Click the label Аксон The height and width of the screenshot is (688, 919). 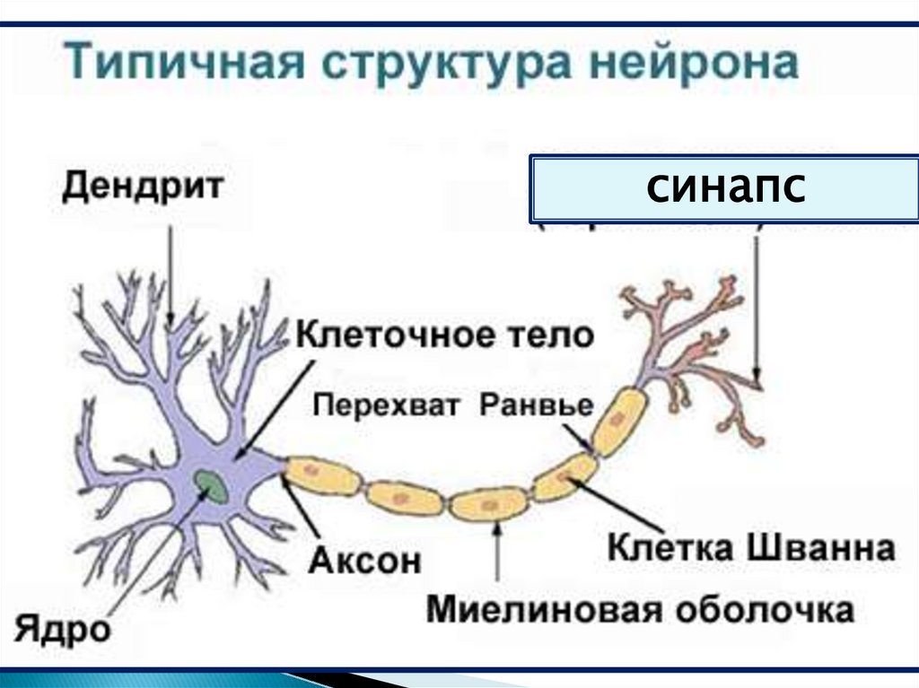tap(365, 561)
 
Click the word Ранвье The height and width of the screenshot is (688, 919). tap(537, 405)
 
